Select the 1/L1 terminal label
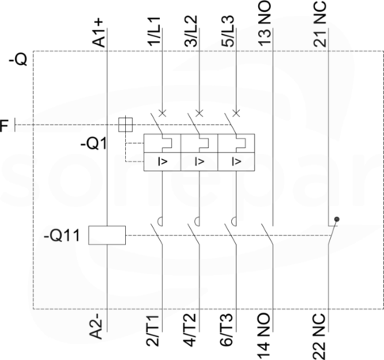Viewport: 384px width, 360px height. (154, 32)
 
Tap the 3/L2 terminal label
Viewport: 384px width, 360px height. (191, 31)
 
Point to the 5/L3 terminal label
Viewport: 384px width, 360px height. (228, 31)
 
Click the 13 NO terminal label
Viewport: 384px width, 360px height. (264, 23)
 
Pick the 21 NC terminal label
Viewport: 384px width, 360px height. (320, 24)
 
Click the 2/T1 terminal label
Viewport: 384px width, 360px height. (153, 330)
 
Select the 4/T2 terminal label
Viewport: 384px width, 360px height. (189, 330)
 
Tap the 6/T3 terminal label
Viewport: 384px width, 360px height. (226, 330)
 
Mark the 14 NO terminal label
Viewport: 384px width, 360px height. (264, 336)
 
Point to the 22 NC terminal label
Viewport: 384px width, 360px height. (320, 336)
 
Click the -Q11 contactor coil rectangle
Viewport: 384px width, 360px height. (107, 235)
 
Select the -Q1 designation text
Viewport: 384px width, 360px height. (94, 144)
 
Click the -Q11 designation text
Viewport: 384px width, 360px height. (62, 236)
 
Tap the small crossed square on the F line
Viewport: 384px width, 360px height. (125, 124)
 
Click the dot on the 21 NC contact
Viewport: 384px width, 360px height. (336, 219)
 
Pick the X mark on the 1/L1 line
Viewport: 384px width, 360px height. (162, 113)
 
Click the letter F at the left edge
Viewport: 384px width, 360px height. (4, 126)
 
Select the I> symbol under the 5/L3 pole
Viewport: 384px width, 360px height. (236, 161)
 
